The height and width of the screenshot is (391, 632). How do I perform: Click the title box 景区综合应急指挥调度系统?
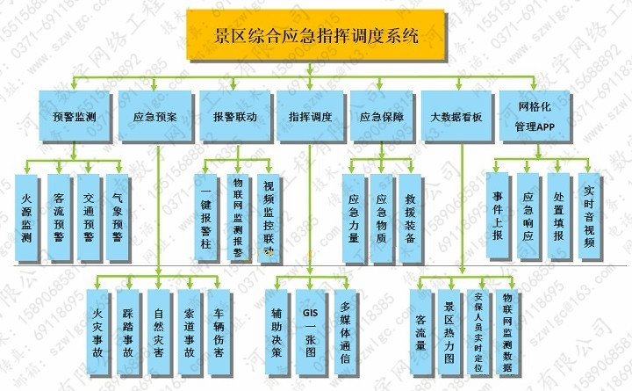coord(315,36)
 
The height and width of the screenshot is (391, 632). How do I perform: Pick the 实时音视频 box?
coord(589,215)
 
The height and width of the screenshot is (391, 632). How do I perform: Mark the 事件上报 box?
coord(498,215)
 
